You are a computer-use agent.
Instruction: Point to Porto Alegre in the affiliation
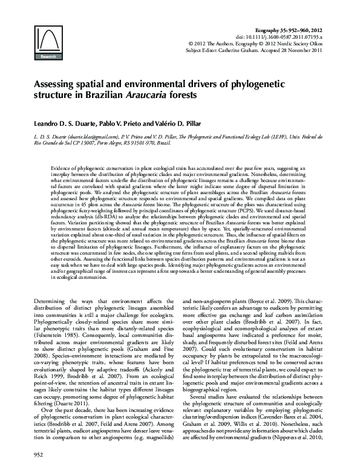(x=108, y=144)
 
